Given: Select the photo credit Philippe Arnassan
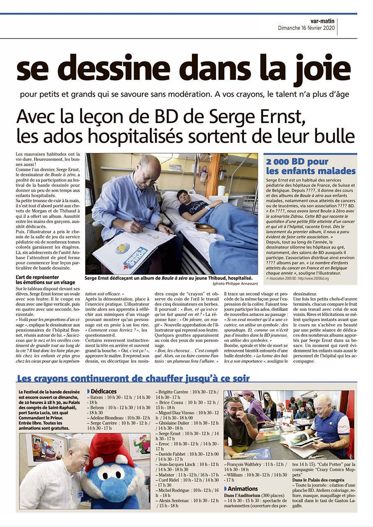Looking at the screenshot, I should point(236,284).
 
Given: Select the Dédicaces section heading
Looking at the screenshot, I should point(103,391).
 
